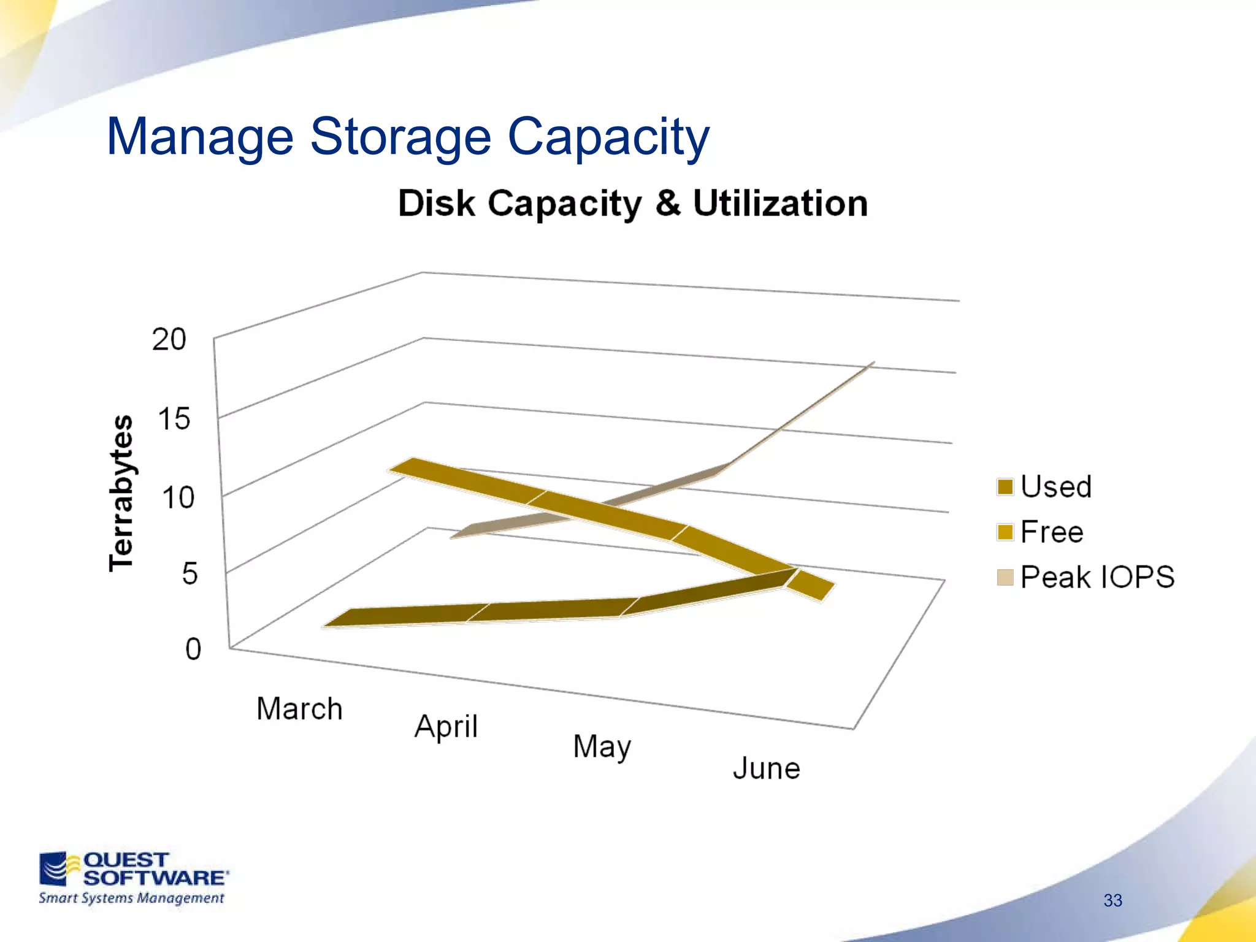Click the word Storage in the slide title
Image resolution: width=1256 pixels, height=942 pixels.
point(400,137)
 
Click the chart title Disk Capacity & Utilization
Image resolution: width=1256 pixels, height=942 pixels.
point(632,204)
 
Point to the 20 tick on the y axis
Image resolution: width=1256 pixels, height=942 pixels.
point(169,340)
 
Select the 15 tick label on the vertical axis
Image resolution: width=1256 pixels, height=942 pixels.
point(174,419)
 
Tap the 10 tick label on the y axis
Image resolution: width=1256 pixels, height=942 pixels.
point(178,498)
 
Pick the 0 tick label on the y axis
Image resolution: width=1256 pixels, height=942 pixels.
point(193,649)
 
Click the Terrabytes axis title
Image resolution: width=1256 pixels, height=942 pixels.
point(121,493)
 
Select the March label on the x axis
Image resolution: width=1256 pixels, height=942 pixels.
point(299,710)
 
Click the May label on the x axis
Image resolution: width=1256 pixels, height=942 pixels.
point(602,748)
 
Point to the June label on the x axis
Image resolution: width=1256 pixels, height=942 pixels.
point(767,769)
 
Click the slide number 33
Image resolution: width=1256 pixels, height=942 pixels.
point(1112,900)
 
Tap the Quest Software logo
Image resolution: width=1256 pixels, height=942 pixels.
point(134,869)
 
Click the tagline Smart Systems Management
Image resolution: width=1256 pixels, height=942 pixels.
point(131,898)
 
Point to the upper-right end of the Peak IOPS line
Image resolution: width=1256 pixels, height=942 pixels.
point(871,364)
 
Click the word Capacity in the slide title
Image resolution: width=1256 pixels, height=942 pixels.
point(608,137)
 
